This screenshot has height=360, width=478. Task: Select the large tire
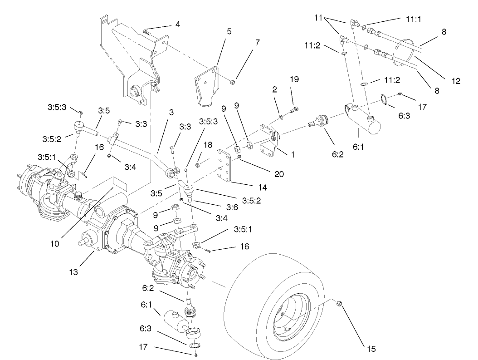[280, 304]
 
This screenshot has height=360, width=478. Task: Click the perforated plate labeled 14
[226, 166]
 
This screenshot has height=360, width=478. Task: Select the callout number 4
[178, 24]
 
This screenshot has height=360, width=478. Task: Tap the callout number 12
[455, 81]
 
